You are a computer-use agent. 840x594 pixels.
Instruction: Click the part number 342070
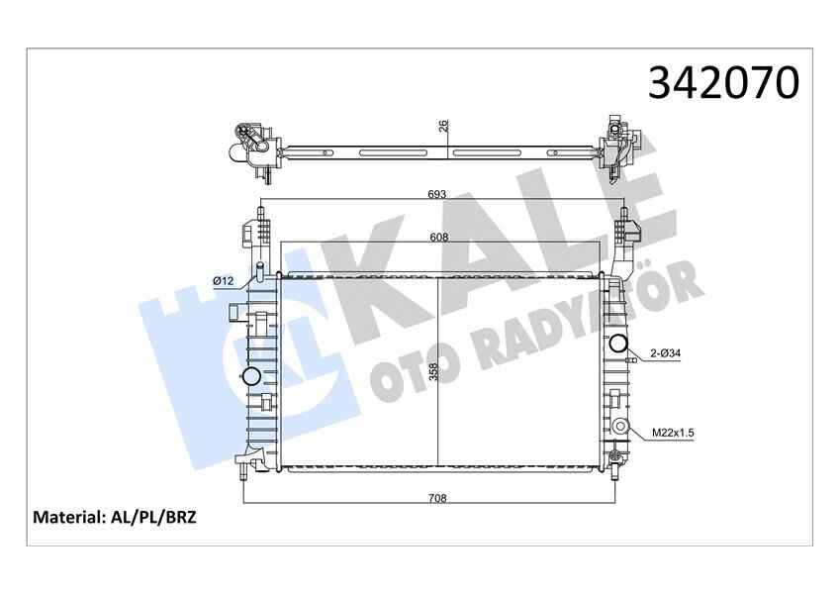(x=722, y=83)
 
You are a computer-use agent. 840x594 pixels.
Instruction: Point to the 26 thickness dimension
(x=444, y=127)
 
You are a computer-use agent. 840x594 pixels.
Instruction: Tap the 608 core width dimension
(x=440, y=236)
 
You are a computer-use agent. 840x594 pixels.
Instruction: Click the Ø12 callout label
(x=225, y=282)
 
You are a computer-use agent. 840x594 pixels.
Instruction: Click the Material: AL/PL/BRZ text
(x=116, y=517)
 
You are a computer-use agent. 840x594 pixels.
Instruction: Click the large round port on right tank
(x=619, y=345)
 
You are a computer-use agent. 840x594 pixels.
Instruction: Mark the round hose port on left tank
(x=250, y=375)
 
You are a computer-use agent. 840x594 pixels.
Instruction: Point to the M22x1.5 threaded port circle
(x=620, y=428)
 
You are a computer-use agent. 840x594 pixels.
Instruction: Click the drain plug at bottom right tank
(x=620, y=457)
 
